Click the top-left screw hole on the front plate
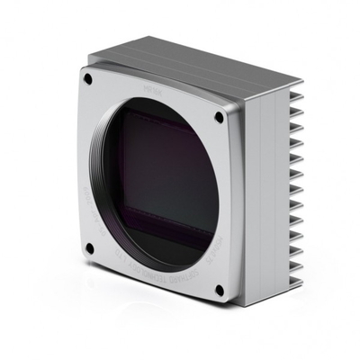88,78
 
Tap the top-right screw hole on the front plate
219,117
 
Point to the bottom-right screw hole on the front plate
220,290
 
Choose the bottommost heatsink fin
292,286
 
